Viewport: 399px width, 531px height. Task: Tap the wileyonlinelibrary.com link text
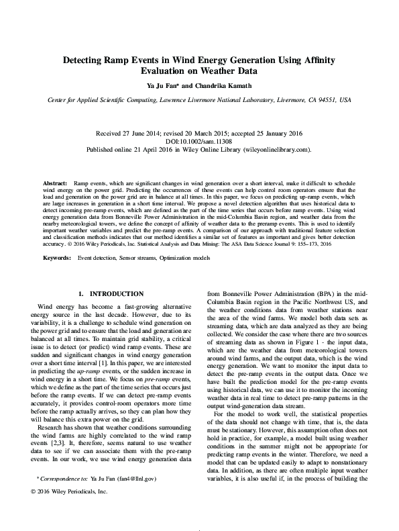[276, 150]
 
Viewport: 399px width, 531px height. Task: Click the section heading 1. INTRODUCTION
[111, 313]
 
